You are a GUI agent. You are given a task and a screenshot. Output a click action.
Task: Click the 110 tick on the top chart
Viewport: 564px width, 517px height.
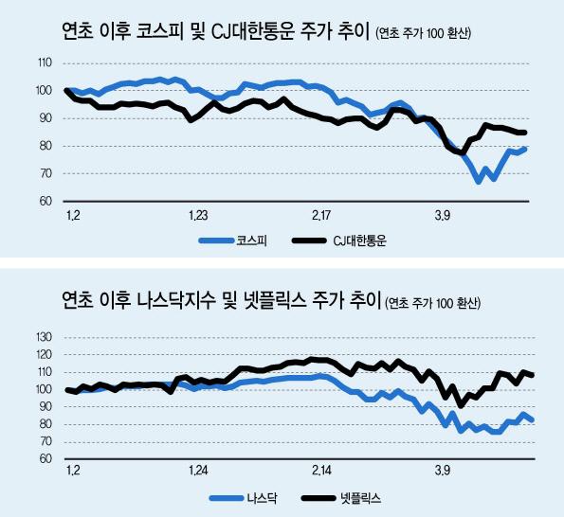pos(45,62)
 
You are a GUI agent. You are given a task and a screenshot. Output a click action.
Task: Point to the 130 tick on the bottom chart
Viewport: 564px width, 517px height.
pos(45,337)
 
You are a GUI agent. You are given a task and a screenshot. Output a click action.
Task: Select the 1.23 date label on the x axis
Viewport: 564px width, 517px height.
pos(198,216)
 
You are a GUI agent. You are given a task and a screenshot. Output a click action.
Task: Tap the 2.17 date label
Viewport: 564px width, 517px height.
pos(321,216)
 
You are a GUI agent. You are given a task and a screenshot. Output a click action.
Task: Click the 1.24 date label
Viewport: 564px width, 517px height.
pos(198,471)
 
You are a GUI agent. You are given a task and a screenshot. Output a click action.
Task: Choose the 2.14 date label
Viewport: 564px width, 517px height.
pos(322,471)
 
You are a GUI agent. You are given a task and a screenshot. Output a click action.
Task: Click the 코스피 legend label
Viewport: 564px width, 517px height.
pos(252,241)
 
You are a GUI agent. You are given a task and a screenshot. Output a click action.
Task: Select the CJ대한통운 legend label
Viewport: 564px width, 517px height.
pos(359,241)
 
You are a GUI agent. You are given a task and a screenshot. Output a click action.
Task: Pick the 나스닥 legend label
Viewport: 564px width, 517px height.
pos(262,498)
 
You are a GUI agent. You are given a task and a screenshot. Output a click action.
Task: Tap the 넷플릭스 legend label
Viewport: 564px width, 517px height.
pos(360,498)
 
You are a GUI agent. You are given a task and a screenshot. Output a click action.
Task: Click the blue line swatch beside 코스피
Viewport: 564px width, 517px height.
pos(216,241)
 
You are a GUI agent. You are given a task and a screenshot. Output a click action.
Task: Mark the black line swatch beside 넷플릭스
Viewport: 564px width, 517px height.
pos(318,498)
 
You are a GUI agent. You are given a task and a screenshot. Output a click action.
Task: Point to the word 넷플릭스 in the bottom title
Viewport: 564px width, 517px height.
pos(275,300)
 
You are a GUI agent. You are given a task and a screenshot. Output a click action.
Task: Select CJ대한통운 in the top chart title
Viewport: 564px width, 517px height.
pos(253,31)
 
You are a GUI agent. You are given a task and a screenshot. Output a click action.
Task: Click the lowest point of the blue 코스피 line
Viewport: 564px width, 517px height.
pos(479,182)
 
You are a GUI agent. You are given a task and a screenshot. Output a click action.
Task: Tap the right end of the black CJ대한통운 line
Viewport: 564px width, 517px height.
pos(525,133)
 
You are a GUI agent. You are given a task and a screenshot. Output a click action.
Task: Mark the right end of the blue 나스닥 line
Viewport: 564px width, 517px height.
pos(533,420)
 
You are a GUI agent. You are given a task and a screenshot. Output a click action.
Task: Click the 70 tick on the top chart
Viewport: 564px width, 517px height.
pos(45,173)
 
